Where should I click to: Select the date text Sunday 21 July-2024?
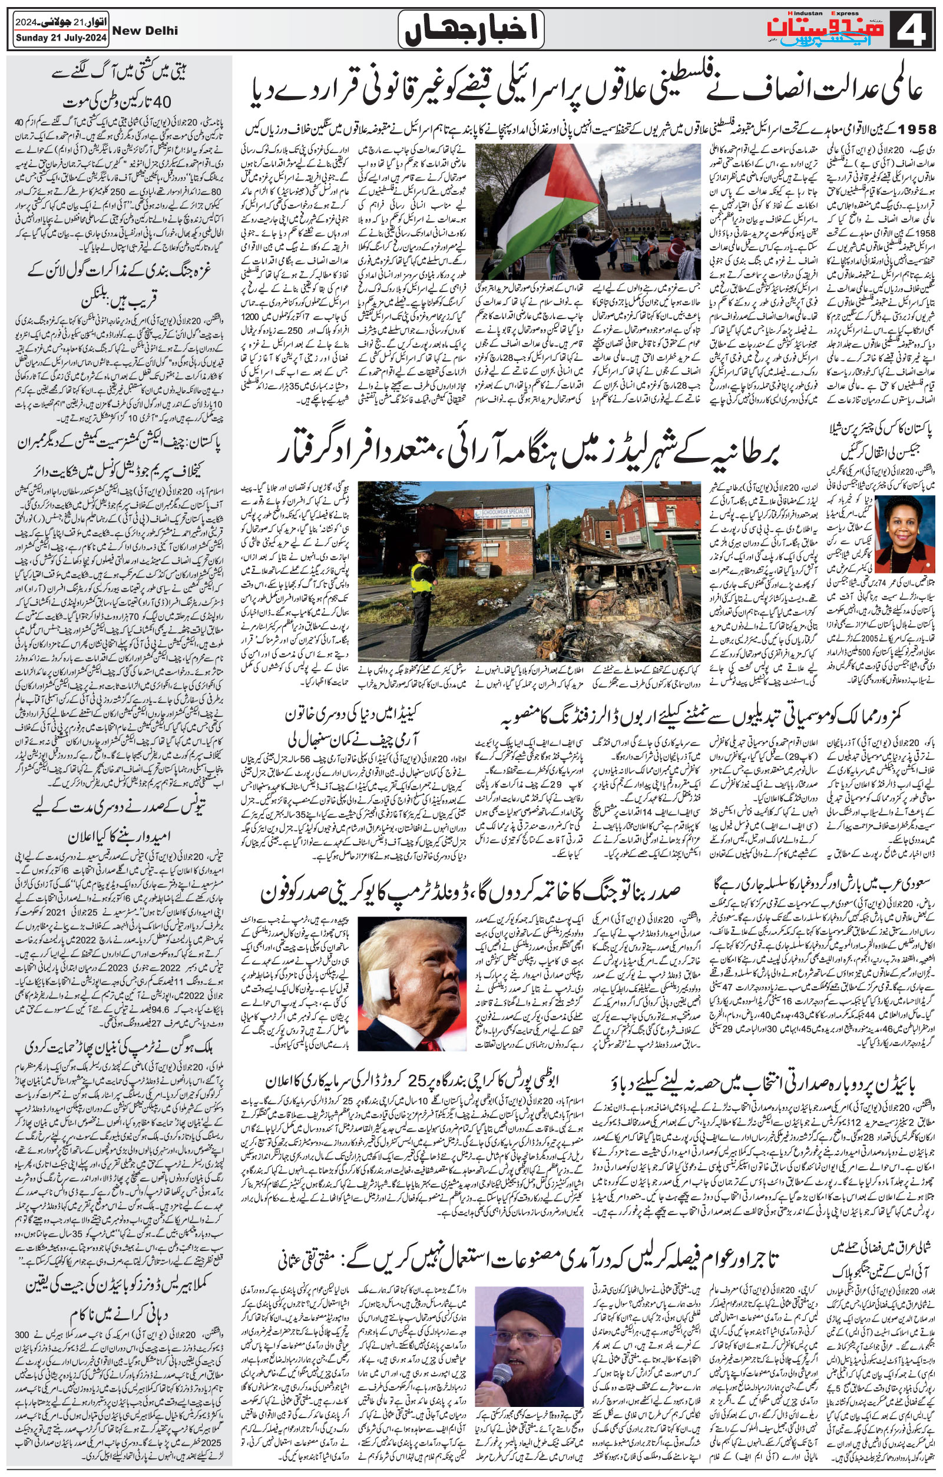click(x=60, y=38)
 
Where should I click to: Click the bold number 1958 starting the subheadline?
click(x=915, y=130)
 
